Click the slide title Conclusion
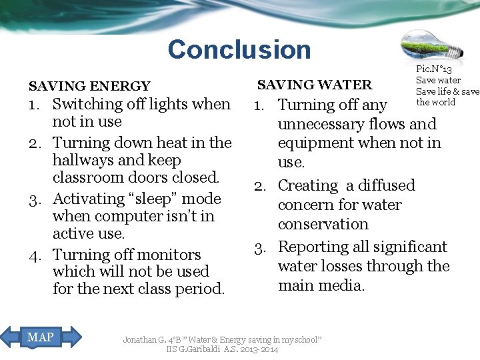point(239,49)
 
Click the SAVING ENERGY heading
point(89,86)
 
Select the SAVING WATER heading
point(315,85)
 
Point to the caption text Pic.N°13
point(434,70)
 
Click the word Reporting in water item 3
point(314,247)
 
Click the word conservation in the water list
point(323,224)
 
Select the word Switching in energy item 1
point(85,104)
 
